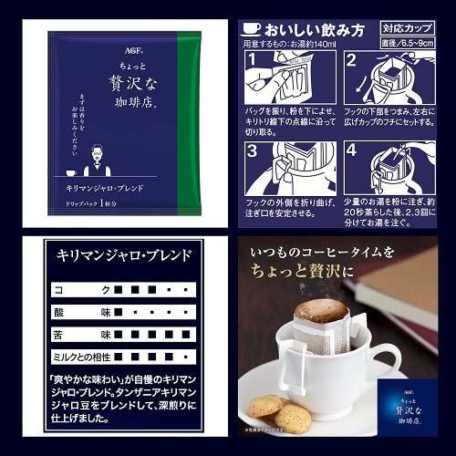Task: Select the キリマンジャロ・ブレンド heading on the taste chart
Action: [124, 255]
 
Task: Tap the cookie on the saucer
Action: [271, 412]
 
